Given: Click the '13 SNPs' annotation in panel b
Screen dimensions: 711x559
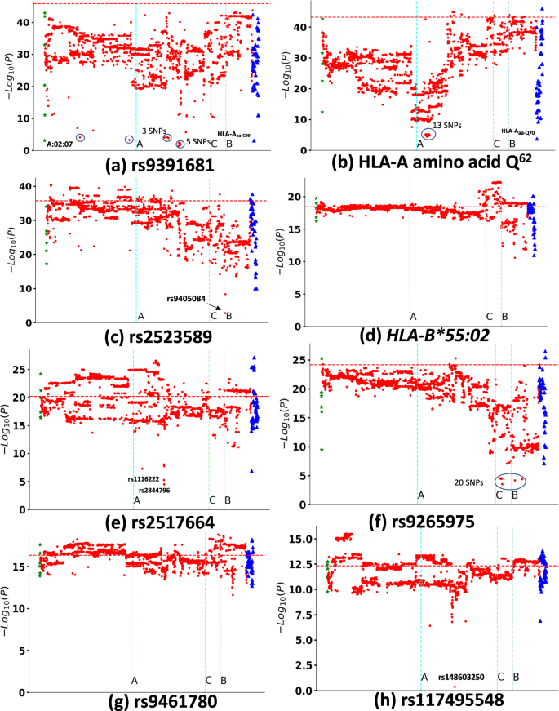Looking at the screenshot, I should coord(447,125).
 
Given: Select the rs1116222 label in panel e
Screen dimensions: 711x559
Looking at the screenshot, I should coord(144,478).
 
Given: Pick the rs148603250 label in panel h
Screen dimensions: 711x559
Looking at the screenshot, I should coord(461,677).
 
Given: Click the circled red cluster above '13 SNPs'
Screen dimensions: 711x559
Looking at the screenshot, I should coord(428,135).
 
